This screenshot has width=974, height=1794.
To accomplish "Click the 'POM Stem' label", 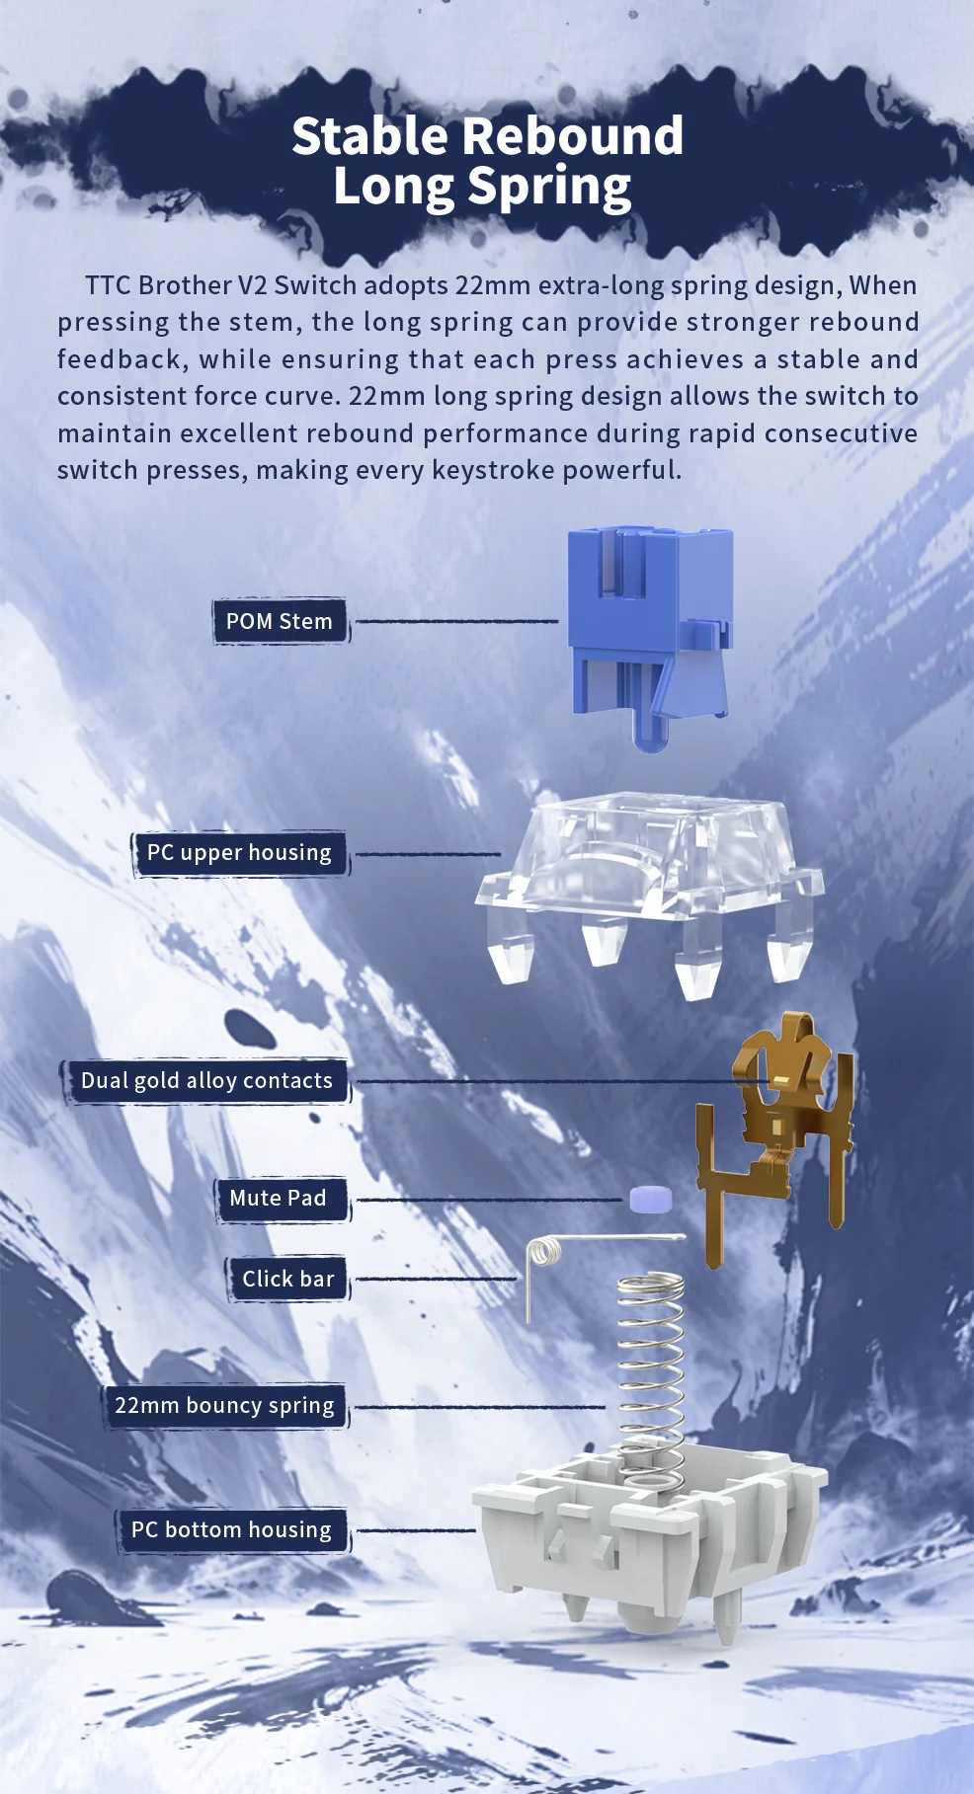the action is point(281,621).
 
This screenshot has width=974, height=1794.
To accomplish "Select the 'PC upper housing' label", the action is point(240,853).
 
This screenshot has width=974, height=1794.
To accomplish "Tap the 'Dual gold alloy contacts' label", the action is point(206,1081).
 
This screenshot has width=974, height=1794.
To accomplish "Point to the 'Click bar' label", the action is point(287,1279).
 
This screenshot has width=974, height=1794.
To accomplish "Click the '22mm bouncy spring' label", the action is point(225,1406).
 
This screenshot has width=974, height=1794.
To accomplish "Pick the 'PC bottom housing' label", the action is point(232,1530).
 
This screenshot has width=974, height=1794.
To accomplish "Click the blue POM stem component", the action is point(650,632).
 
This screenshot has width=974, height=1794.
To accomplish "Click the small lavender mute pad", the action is point(651,1199).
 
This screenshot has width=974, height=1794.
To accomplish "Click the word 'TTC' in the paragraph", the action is point(109,285).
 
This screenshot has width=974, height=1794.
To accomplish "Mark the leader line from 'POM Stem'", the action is point(456,621).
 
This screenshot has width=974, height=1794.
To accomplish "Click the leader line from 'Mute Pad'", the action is point(489,1201).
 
